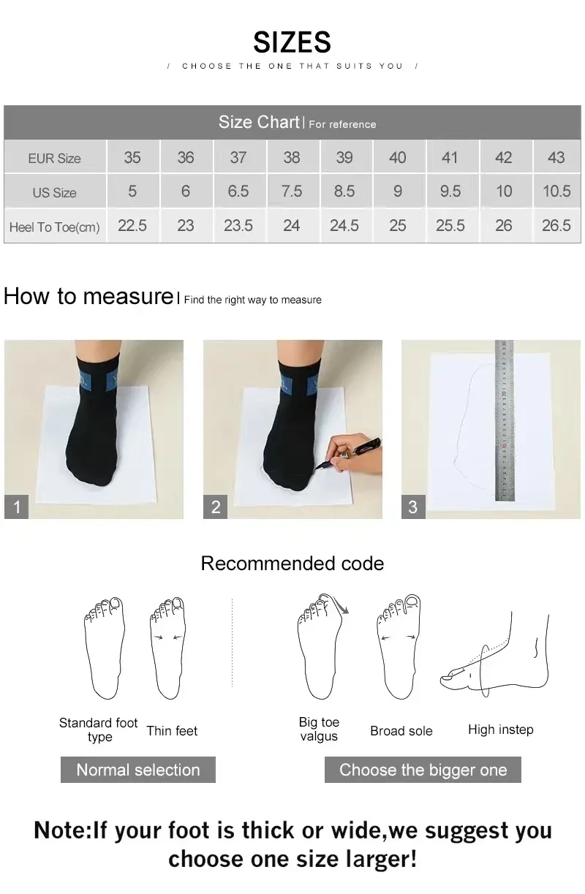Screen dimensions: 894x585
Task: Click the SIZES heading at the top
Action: click(292, 42)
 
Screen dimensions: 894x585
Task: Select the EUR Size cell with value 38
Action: click(291, 157)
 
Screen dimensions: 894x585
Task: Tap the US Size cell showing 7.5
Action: click(291, 192)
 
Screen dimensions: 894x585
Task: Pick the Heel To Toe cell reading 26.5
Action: click(556, 226)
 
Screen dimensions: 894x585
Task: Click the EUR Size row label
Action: click(55, 158)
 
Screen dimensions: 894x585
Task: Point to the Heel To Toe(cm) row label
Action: click(55, 227)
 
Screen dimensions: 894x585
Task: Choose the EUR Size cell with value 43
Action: click(556, 157)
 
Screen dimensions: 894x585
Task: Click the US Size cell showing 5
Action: click(132, 192)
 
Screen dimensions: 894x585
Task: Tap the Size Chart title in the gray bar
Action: click(259, 122)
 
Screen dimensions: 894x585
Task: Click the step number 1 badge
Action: click(17, 507)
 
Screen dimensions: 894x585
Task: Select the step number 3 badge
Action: click(413, 507)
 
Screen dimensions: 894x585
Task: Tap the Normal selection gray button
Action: click(137, 770)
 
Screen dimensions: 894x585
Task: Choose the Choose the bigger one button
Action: click(423, 770)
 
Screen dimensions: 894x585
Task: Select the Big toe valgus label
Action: click(319, 730)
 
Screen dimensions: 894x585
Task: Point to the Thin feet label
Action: click(172, 731)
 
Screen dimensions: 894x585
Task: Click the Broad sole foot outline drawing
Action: click(399, 647)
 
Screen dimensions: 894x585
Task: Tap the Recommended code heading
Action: click(292, 564)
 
